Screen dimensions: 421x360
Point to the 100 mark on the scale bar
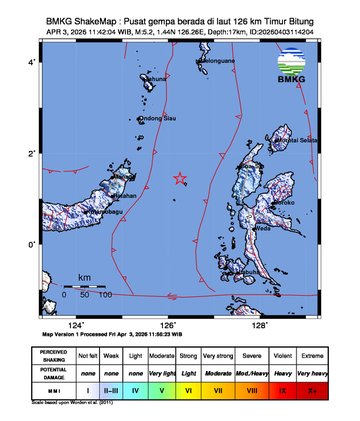[104, 296]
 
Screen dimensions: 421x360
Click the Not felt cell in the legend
[89, 355]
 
